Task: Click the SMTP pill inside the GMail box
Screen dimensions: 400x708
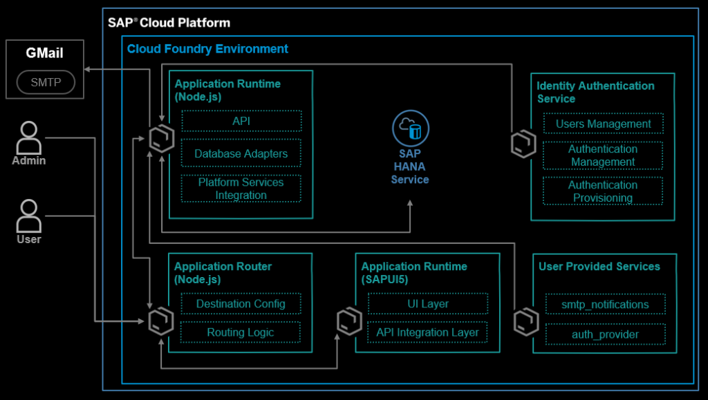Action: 46,83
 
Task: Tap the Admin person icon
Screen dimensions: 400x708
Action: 29,138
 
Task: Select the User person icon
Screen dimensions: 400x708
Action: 29,216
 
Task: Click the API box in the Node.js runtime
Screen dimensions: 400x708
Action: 241,121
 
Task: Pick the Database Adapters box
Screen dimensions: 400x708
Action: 241,153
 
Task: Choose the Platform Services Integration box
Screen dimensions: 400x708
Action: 241,189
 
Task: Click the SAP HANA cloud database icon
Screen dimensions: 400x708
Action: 411,128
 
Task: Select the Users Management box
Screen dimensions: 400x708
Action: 603,124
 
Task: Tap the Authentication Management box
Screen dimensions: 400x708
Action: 603,155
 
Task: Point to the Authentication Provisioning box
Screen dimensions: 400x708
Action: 603,191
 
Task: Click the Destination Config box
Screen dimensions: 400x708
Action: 241,304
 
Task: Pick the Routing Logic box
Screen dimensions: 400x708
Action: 241,332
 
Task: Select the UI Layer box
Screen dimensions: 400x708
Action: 428,304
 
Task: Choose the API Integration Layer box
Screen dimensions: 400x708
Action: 428,332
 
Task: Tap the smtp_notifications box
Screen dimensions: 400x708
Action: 606,304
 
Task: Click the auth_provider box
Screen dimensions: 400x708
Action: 606,334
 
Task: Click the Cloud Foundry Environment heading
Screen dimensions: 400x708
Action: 207,49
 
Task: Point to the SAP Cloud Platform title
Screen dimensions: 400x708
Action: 169,22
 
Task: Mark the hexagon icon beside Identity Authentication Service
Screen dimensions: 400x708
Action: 523,144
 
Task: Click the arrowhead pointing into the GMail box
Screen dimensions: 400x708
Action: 86,69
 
